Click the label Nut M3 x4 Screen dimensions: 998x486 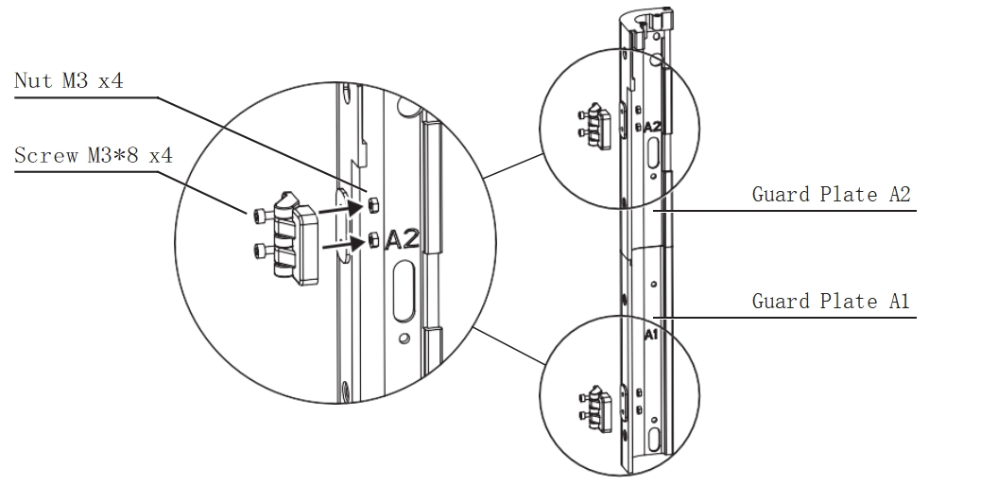click(x=69, y=81)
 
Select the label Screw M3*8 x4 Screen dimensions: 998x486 click(x=94, y=155)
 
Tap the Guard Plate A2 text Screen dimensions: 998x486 click(x=832, y=194)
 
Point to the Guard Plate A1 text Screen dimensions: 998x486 click(x=832, y=301)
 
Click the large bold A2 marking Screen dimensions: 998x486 click(x=403, y=239)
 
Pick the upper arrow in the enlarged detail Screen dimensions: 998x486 click(x=340, y=208)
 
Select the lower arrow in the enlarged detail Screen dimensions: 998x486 click(x=344, y=243)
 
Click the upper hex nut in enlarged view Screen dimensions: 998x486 click(x=373, y=205)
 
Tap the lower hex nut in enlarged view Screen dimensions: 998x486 click(x=374, y=241)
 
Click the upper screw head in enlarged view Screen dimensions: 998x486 click(x=259, y=216)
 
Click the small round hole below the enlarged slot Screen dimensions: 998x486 click(x=404, y=338)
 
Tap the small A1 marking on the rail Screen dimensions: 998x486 click(x=650, y=335)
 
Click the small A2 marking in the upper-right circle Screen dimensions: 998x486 click(x=652, y=127)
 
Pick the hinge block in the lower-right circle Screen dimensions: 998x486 click(x=598, y=408)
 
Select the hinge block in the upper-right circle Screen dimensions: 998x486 click(x=598, y=126)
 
